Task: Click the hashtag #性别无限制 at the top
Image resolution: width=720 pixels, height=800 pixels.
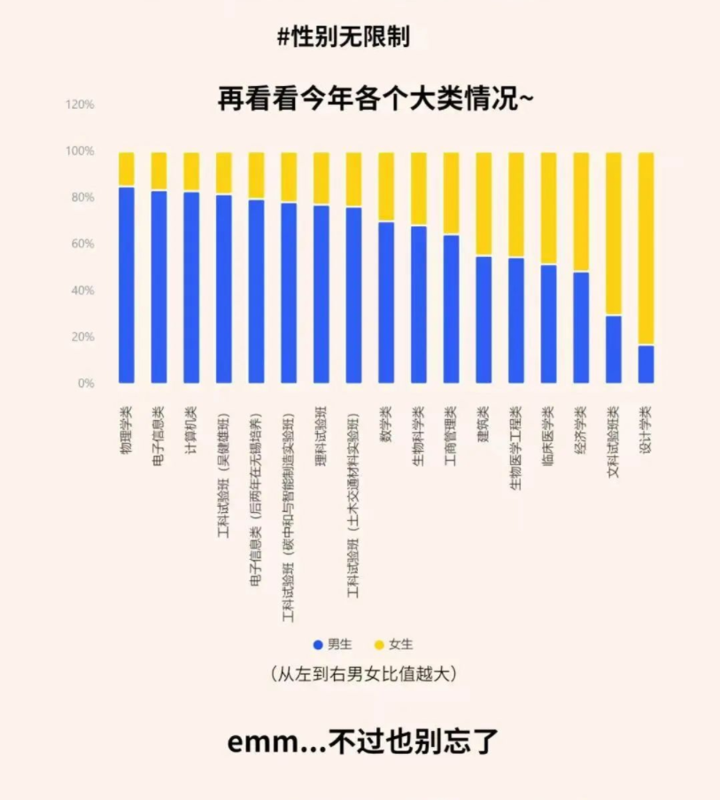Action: [x=343, y=37]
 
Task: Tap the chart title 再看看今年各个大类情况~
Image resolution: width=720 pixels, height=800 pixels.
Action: [x=375, y=97]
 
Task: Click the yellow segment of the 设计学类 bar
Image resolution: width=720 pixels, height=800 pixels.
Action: [x=646, y=248]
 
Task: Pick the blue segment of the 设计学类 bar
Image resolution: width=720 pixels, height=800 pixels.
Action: [x=646, y=364]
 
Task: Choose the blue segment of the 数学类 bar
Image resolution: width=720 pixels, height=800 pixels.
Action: [x=386, y=301]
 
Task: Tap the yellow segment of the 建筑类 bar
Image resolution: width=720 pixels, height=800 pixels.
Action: [x=484, y=204]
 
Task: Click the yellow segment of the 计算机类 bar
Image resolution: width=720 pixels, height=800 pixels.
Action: [x=191, y=171]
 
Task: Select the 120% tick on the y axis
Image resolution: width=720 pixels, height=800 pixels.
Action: [x=80, y=105]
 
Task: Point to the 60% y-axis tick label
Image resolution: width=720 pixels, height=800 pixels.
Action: [x=82, y=244]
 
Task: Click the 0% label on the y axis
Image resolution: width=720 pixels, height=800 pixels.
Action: [x=85, y=384]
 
